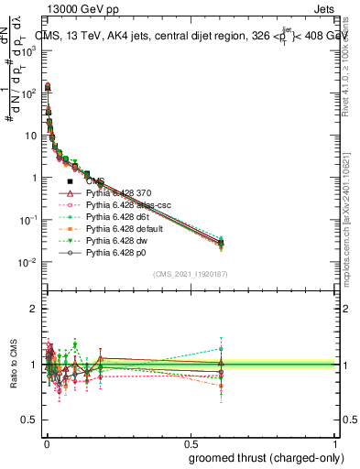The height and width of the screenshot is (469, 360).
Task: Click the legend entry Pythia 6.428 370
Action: pos(120,193)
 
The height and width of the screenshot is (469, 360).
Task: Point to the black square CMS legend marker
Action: pos(70,181)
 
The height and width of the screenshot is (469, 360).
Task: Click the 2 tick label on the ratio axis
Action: pos(33,309)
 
